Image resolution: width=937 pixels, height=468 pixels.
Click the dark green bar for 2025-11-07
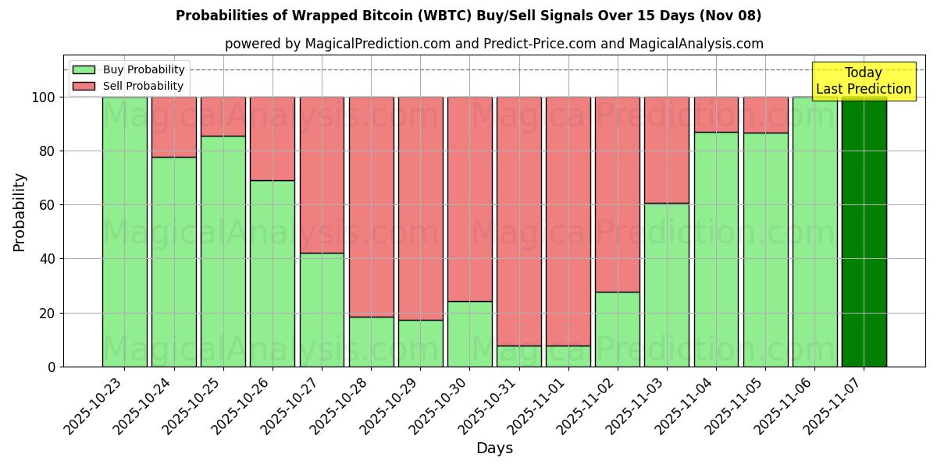point(864,232)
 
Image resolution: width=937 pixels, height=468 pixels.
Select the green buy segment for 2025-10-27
point(322,310)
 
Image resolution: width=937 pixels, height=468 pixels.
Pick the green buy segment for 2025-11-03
point(667,285)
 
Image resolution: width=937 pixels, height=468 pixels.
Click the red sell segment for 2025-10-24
point(173,126)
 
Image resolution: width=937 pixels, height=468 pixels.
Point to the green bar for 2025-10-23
point(124,232)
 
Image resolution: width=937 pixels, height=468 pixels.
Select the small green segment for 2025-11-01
point(568,356)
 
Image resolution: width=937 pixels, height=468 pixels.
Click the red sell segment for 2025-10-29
point(420,208)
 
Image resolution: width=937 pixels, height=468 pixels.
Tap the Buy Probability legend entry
point(129,69)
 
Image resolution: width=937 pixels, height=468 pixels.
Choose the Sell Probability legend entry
point(129,86)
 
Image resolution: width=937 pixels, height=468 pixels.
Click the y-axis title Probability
point(20,211)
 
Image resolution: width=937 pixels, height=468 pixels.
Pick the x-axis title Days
point(494,448)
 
